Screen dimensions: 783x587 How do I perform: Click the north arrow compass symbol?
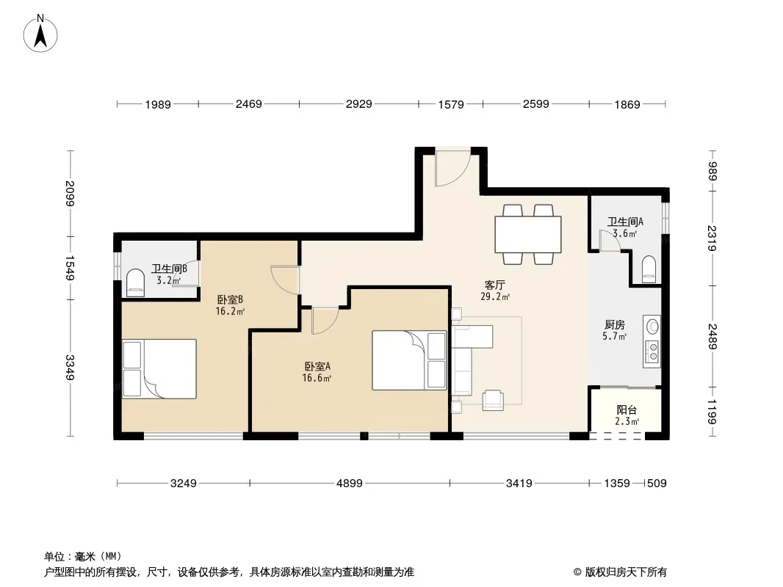coord(40,34)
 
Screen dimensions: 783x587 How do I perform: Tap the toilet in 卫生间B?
coord(135,282)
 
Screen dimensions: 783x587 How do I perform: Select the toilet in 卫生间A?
coord(649,269)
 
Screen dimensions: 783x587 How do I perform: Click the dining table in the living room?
coord(528,234)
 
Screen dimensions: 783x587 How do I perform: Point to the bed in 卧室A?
coord(409,360)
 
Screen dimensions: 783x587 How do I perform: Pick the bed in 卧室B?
coord(159,369)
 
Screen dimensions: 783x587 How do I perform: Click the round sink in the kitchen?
coord(653,327)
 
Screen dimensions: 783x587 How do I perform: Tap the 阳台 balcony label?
coord(627,410)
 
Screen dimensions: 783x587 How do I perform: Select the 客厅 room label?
coord(495,285)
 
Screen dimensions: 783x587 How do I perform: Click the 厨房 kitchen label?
coord(614,325)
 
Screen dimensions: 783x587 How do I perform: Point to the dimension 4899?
coord(350,484)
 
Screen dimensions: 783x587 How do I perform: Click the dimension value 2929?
coord(359,104)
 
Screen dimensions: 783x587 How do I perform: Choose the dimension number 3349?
coord(70,367)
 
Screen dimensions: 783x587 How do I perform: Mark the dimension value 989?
coord(712,172)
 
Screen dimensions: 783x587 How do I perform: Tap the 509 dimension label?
coord(657,484)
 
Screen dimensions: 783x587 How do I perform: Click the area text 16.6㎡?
coord(317,378)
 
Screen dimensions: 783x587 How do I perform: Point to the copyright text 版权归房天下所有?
coord(626,572)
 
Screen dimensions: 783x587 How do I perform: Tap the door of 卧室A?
coord(325,321)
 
